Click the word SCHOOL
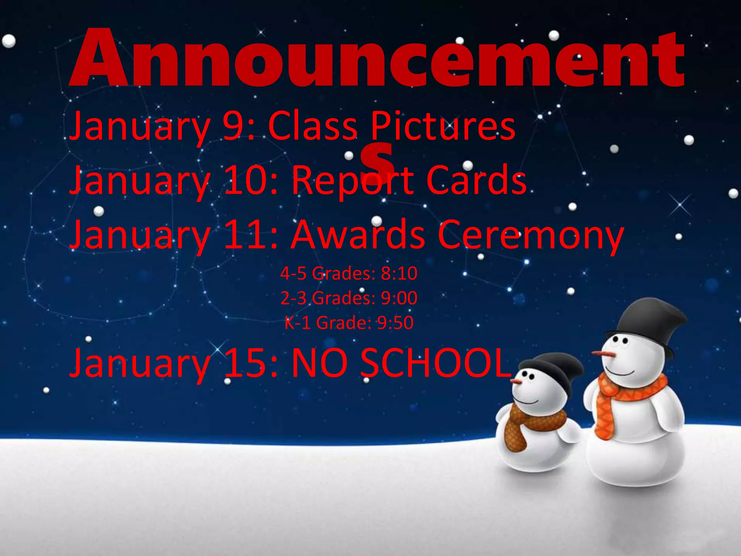tap(436, 363)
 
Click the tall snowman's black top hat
tap(648, 322)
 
